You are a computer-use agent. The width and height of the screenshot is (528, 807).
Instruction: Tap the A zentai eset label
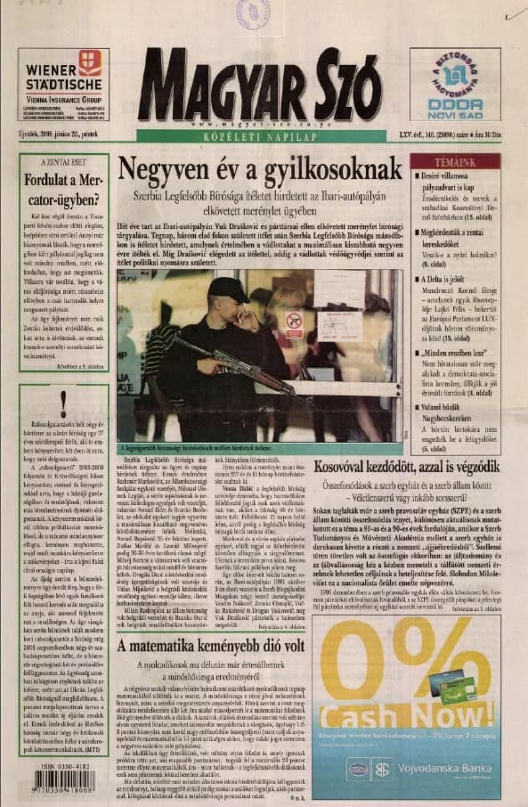(63, 165)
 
